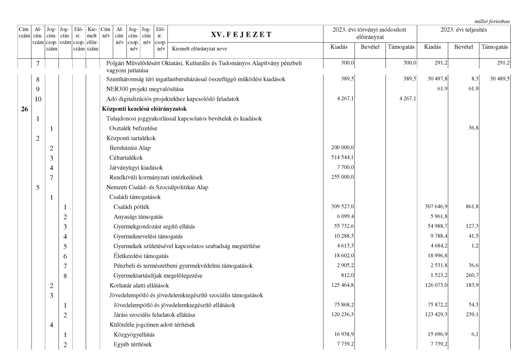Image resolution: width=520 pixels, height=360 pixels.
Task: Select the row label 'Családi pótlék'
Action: tap(129, 206)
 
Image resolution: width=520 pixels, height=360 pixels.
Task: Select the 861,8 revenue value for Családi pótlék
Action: tap(470, 206)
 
